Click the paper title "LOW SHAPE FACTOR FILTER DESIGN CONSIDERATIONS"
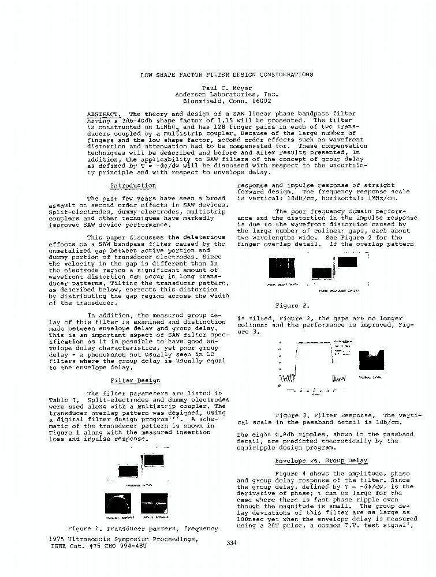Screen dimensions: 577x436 coord(227,74)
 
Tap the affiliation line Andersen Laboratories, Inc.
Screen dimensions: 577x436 coord(227,94)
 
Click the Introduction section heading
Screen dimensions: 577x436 coord(133,186)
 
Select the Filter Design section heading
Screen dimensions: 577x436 coord(132,381)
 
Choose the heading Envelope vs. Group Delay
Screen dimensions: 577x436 coord(321,461)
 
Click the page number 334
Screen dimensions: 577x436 coord(232,542)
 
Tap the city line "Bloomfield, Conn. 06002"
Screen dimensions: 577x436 coord(227,100)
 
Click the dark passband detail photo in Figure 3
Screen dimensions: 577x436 coord(371,361)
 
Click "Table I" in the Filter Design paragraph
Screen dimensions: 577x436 coord(60,399)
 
